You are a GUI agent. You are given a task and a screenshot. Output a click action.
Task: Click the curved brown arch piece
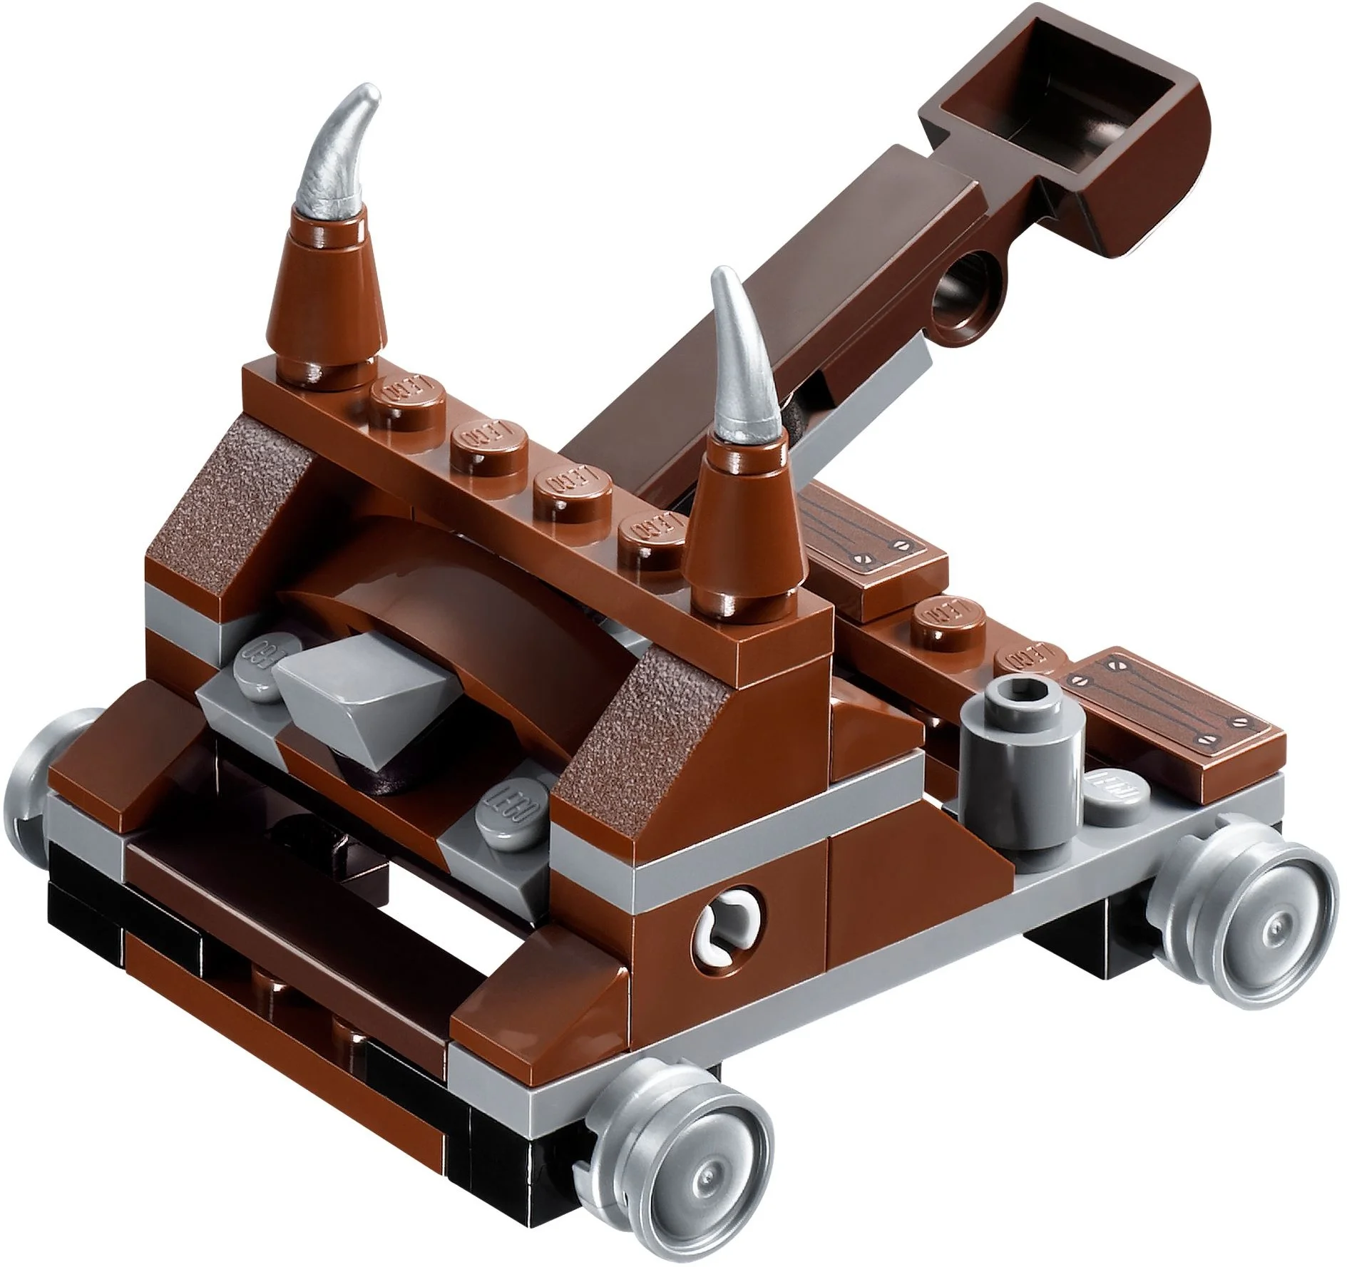point(428,613)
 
